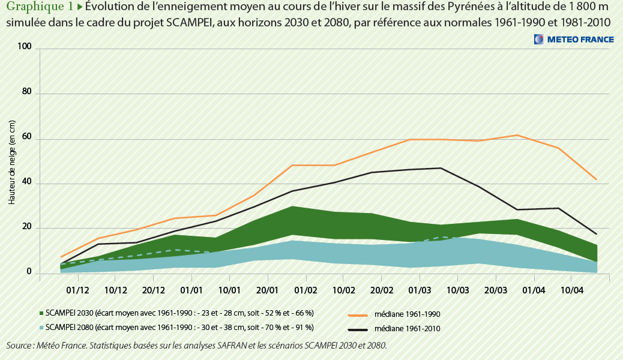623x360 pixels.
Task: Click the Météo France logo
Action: (574, 40)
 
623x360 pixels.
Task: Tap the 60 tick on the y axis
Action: (26, 139)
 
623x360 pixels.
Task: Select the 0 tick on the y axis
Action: (28, 273)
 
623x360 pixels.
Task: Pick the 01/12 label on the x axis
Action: (77, 291)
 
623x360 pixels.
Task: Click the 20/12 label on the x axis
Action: (154, 291)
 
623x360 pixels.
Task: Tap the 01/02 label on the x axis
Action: (305, 291)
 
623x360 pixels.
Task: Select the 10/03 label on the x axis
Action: (457, 291)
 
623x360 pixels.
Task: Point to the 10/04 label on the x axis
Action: (571, 291)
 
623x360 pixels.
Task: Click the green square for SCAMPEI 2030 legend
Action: (41, 313)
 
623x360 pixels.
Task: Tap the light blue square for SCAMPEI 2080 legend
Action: (41, 328)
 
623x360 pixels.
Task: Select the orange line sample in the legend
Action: (358, 314)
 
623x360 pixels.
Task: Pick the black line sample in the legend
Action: (358, 329)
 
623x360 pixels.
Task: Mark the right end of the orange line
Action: (596, 179)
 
